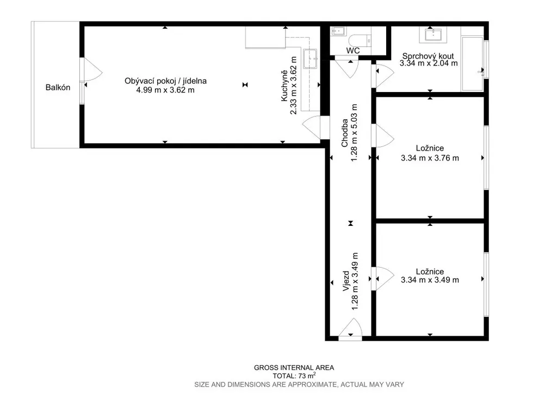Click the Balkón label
[x=58, y=88]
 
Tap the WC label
[x=352, y=51]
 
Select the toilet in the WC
[x=360, y=41]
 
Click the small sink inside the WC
[x=338, y=31]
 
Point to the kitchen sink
[x=310, y=59]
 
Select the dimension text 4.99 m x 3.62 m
[x=165, y=90]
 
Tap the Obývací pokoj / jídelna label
[x=165, y=81]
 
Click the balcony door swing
[x=91, y=72]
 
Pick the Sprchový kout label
[x=428, y=56]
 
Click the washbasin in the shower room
[x=432, y=35]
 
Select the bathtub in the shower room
[x=473, y=64]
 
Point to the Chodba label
[x=344, y=133]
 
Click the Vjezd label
[x=346, y=281]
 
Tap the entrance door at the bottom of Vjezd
[x=350, y=329]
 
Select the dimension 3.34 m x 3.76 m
[x=430, y=158]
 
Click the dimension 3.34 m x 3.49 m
[x=430, y=280]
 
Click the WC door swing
[x=348, y=67]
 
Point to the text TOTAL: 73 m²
[x=294, y=375]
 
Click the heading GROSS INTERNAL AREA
[x=294, y=368]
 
